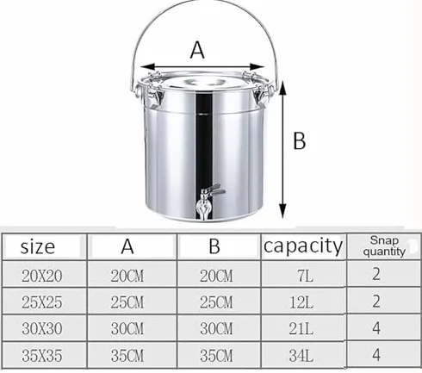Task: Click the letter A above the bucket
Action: point(197,50)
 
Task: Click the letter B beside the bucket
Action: point(299,140)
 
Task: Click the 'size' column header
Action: point(38,246)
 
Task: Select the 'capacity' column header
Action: point(303,246)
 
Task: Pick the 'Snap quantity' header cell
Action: point(384,246)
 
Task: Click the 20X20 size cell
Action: point(42,276)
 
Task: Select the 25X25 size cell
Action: point(42,302)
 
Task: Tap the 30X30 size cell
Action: point(42,328)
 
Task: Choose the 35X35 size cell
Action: point(42,355)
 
